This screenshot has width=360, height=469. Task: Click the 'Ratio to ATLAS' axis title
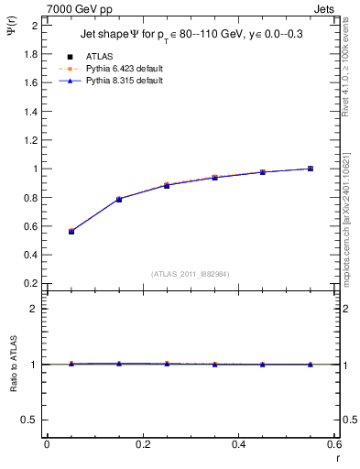(13, 365)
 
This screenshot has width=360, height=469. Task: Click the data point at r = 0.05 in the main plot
(71, 232)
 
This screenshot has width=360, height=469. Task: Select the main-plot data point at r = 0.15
(119, 199)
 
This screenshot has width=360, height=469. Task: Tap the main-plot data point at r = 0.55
(311, 169)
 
